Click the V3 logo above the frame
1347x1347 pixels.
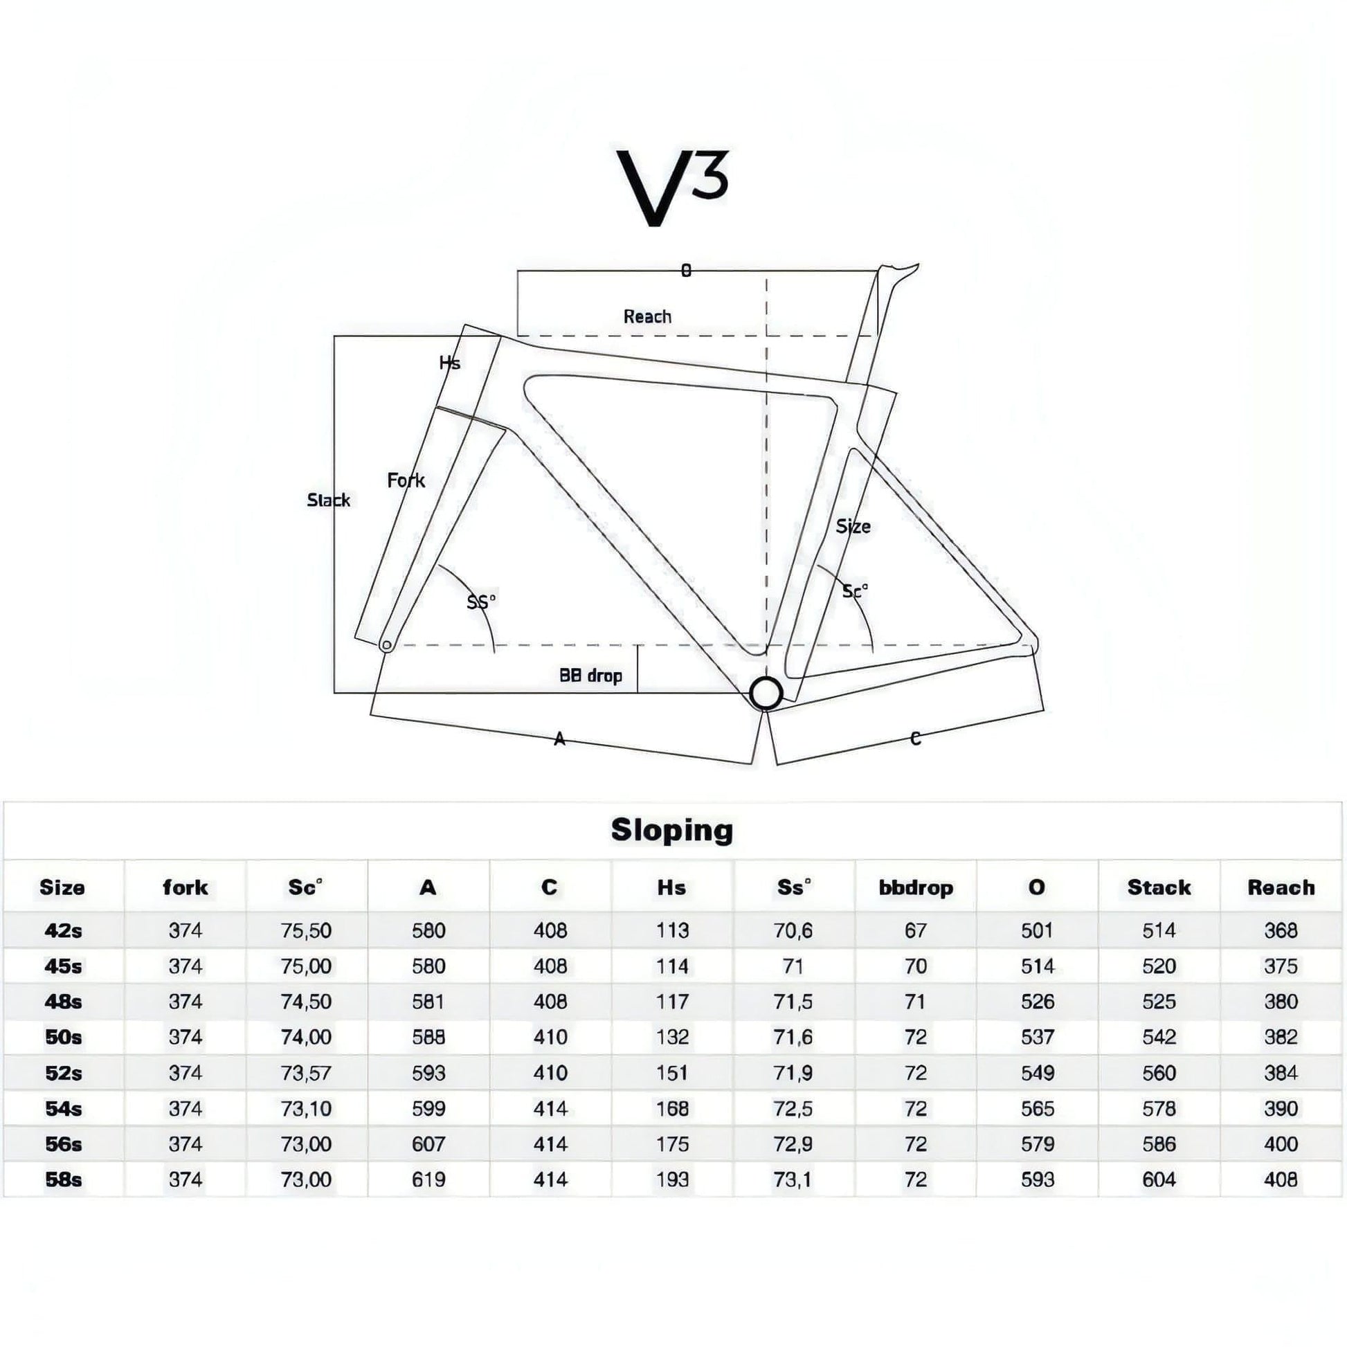673,188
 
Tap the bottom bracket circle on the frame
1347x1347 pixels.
766,693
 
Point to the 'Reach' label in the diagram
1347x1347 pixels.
648,316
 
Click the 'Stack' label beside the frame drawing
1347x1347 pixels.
329,500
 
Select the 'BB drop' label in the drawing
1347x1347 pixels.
590,676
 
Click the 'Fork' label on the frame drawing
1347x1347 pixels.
406,480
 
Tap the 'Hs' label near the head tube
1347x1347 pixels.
450,363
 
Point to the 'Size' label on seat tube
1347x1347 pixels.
853,526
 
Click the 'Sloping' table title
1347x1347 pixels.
672,831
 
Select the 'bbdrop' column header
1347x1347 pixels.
916,887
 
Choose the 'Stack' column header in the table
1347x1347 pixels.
1159,887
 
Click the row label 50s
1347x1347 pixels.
64,1038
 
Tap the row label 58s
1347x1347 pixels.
64,1179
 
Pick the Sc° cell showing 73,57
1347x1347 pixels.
306,1073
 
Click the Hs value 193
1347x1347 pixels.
672,1179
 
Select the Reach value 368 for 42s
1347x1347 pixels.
1281,931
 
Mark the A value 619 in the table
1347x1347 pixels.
428,1179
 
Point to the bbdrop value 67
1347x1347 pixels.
916,931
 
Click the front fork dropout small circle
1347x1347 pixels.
386,646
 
